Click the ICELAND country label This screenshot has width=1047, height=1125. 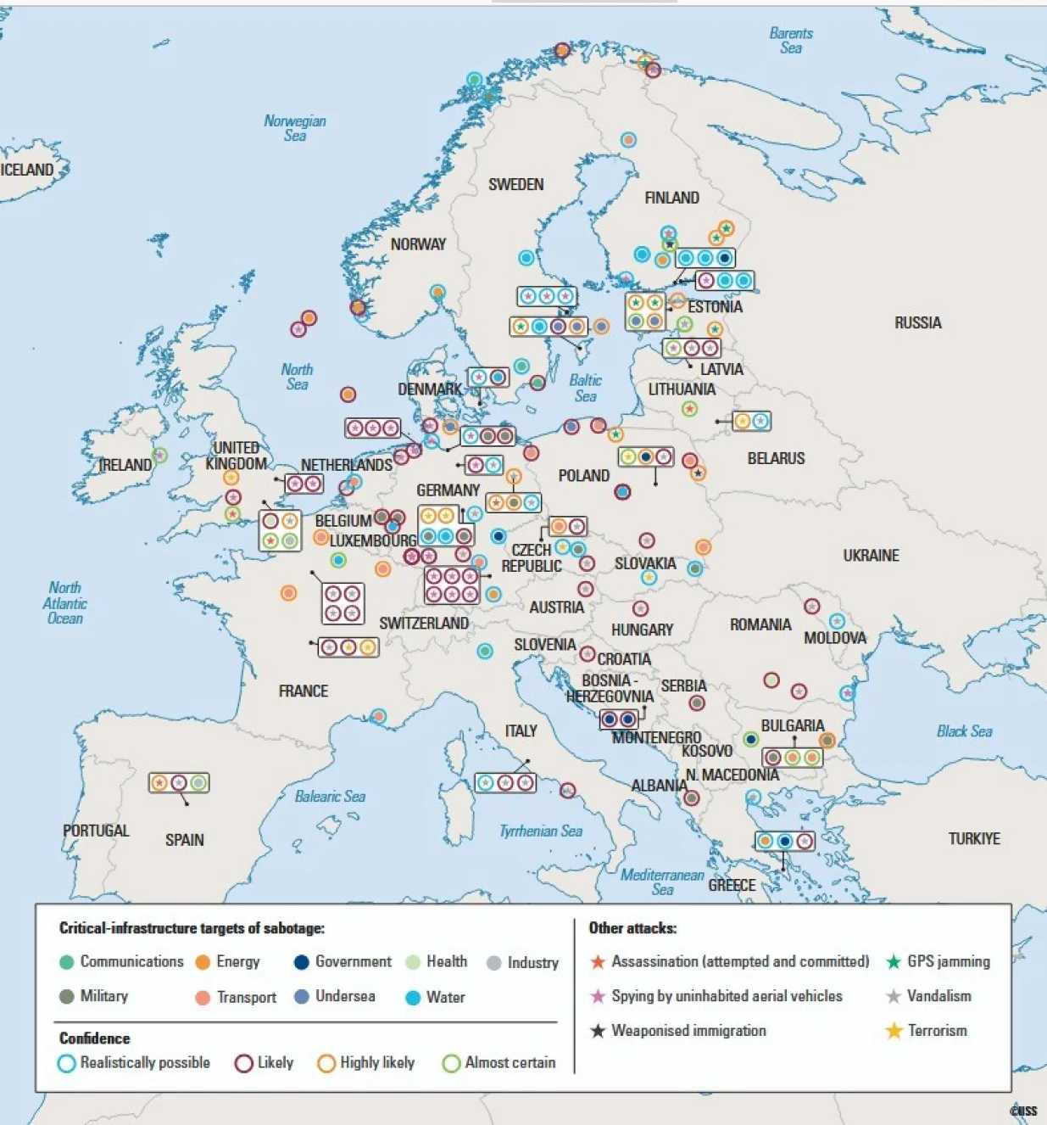click(x=27, y=170)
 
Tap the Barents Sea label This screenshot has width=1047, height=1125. click(x=790, y=41)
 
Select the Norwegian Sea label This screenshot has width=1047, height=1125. click(x=294, y=128)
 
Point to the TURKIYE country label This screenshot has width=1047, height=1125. click(x=973, y=838)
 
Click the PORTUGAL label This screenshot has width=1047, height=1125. click(x=96, y=831)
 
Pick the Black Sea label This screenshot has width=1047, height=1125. click(x=964, y=731)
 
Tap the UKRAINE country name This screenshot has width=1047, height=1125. click(x=871, y=556)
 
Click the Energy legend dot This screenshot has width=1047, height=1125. click(x=203, y=962)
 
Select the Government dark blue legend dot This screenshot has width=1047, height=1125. click(x=301, y=962)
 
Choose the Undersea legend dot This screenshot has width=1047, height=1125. click(x=301, y=997)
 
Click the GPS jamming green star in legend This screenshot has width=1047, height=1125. click(x=893, y=962)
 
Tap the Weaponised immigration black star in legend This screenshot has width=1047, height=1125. click(x=598, y=1031)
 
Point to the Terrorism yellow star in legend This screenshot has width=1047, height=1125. click(x=894, y=1031)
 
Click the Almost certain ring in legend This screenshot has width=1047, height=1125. click(x=451, y=1063)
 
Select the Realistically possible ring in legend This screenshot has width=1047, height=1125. click(x=66, y=1063)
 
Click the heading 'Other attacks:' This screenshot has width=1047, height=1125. click(x=632, y=928)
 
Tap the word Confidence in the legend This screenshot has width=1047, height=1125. click(x=94, y=1038)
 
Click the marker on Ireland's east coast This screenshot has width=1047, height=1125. click(x=159, y=456)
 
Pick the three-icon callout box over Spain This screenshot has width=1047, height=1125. click(x=179, y=782)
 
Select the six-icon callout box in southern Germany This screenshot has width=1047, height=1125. click(x=452, y=585)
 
